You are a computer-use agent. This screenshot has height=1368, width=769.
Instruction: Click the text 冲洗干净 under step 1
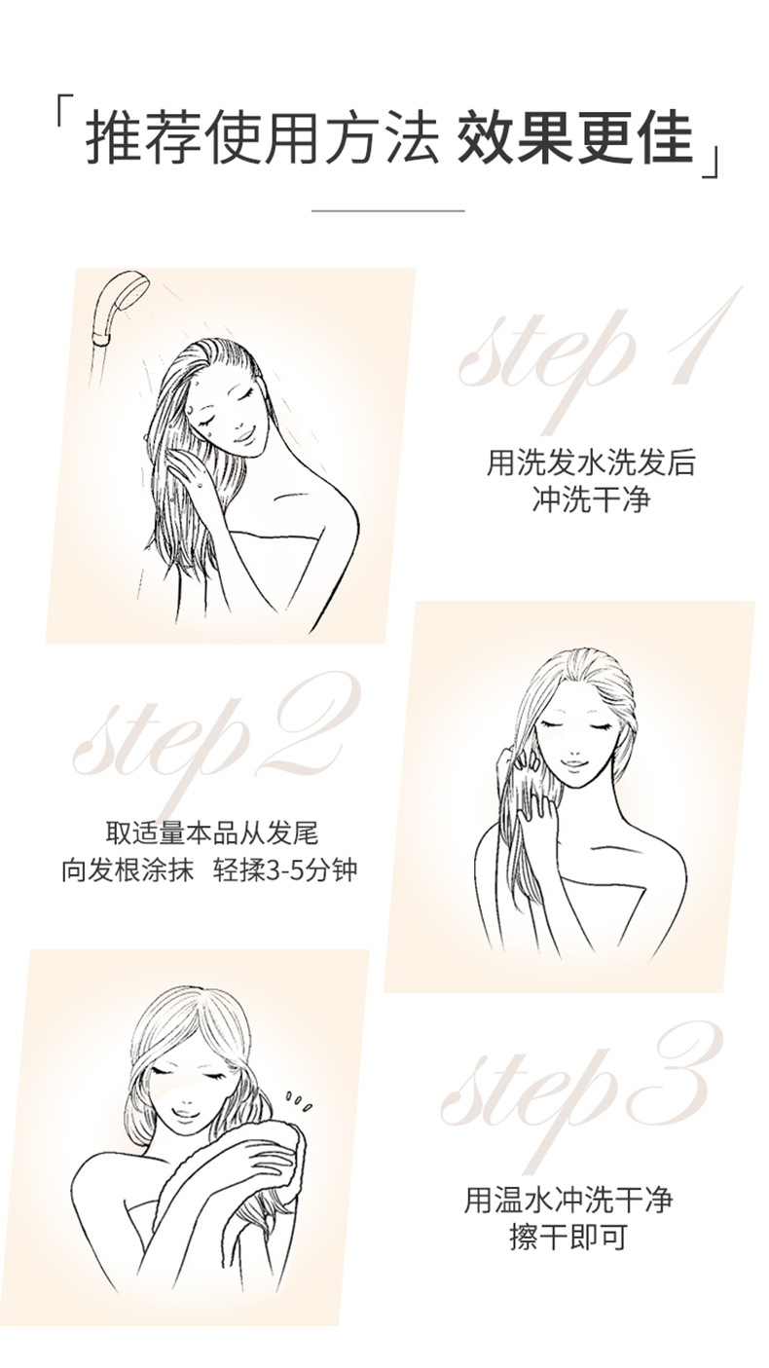[x=591, y=499]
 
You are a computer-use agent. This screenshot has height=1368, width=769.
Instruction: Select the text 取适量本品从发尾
[x=213, y=832]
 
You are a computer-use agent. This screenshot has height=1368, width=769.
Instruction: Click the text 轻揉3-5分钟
[x=285, y=870]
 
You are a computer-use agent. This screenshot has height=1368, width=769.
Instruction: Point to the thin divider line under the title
[x=388, y=210]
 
